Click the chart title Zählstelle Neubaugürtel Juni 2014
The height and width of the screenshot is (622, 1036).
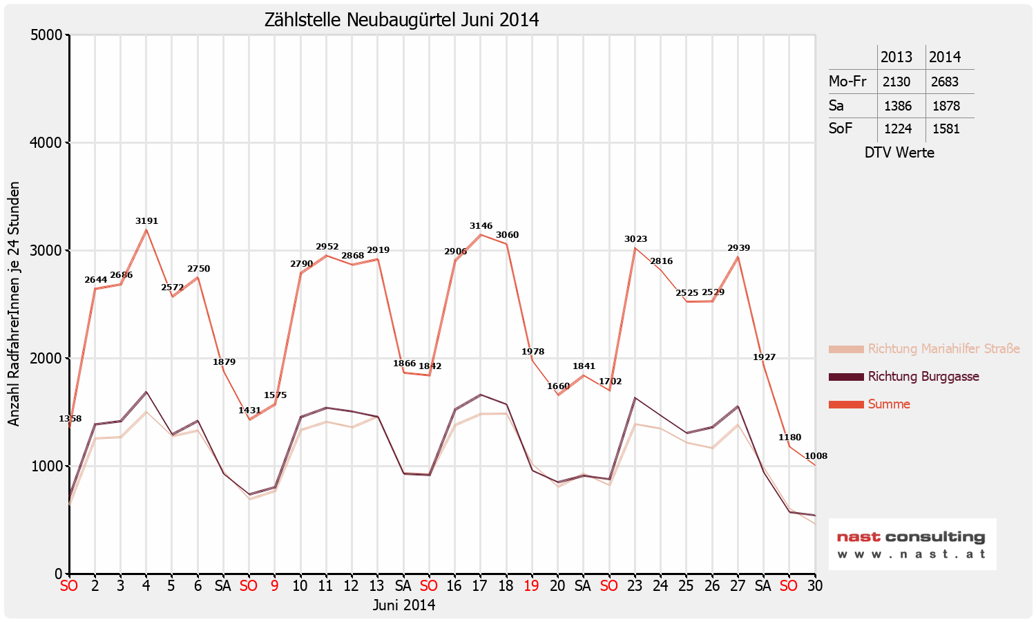(401, 20)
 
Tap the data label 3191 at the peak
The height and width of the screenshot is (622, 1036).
(146, 221)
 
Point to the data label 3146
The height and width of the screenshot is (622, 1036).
(481, 226)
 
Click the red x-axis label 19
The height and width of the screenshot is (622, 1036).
(531, 586)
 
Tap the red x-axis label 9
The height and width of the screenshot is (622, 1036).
(275, 586)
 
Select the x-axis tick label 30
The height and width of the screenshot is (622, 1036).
(815, 586)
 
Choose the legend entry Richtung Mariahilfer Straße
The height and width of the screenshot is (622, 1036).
(943, 349)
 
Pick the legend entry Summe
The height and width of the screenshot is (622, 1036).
(889, 404)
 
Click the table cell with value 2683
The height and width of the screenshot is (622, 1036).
(944, 82)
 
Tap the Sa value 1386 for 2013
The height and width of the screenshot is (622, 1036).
(896, 106)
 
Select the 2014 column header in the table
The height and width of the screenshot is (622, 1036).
(944, 57)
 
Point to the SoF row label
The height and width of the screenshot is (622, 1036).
(841, 129)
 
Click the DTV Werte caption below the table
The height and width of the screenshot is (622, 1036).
(899, 153)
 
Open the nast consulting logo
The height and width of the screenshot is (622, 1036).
(912, 544)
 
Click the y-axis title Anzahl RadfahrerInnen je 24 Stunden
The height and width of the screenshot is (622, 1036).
(15, 304)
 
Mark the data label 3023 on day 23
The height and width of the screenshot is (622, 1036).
(635, 239)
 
